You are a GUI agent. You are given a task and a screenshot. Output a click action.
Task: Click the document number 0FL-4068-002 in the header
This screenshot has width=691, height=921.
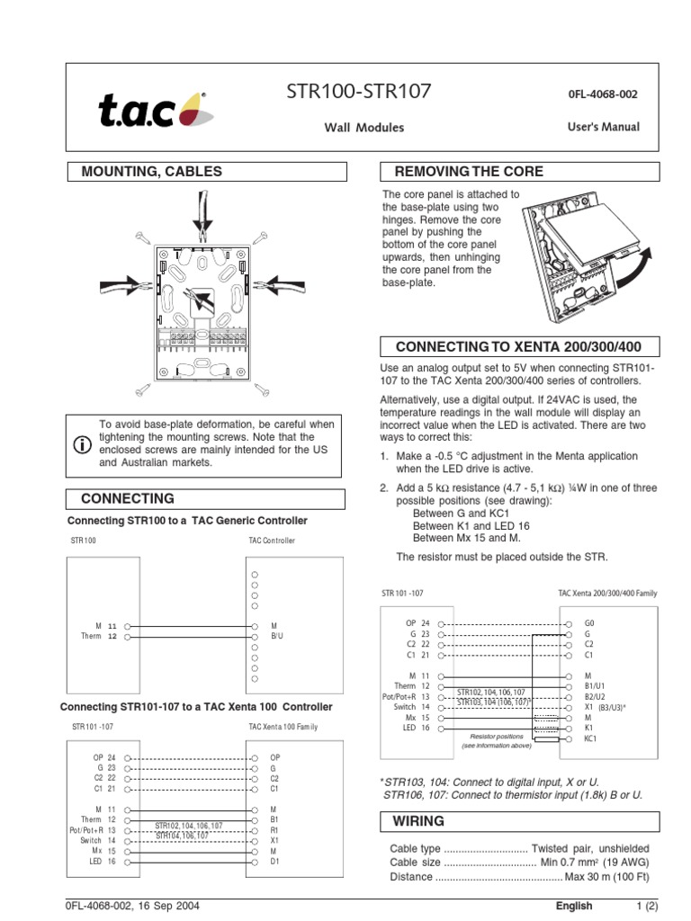pyautogui.click(x=604, y=94)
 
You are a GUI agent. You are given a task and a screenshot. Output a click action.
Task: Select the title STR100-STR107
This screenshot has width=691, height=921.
pyautogui.click(x=358, y=92)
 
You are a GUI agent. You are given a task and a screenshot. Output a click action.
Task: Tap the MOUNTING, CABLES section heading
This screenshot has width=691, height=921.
pyautogui.click(x=151, y=171)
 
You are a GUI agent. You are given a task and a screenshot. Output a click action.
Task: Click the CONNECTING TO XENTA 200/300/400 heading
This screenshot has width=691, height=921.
pyautogui.click(x=521, y=347)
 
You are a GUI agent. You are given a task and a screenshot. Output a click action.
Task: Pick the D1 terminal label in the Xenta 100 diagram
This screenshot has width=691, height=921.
pyautogui.click(x=275, y=861)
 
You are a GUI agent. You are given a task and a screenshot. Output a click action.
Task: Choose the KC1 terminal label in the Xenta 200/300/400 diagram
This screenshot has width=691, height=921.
pyautogui.click(x=591, y=738)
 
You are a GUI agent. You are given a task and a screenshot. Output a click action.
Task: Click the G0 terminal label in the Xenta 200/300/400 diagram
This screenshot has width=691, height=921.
pyautogui.click(x=590, y=622)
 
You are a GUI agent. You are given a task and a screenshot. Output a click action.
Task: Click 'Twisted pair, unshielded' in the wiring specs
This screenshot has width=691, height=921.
pyautogui.click(x=590, y=848)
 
